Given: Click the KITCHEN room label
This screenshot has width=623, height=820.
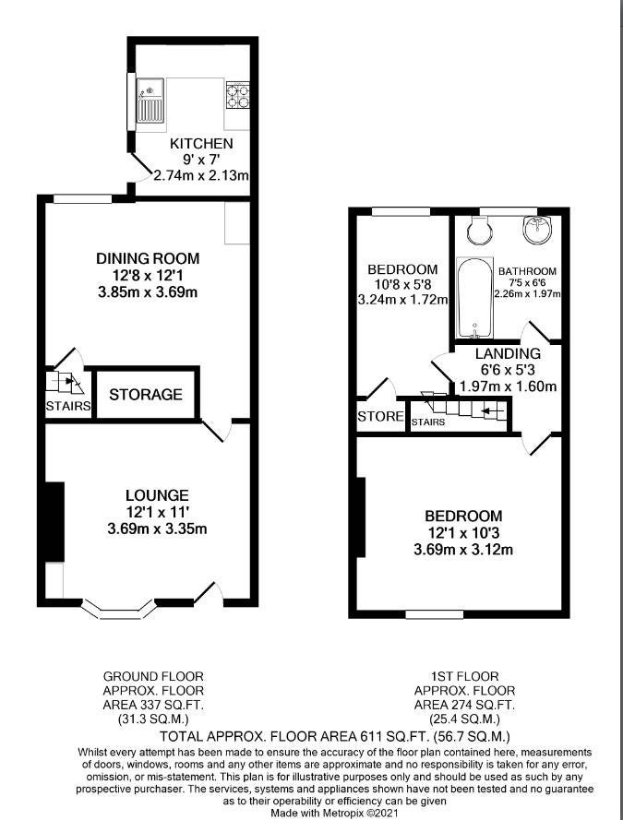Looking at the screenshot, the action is [201, 143].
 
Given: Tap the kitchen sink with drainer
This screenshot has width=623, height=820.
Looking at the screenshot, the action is [150, 101].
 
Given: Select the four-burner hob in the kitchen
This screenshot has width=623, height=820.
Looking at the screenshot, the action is [237, 95].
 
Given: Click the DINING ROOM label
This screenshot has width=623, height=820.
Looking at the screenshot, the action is [148, 258].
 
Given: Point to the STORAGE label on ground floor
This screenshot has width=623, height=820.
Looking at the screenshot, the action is [146, 394].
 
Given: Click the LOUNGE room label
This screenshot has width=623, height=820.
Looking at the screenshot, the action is [157, 495].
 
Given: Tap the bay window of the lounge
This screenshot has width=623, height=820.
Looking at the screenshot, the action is [119, 610].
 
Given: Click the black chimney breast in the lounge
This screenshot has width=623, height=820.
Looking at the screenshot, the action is [54, 522].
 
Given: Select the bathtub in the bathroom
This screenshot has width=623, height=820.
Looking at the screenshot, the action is [473, 298].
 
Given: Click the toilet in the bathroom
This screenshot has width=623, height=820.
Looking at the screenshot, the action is [480, 230].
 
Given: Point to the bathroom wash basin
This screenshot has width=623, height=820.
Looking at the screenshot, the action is [536, 229].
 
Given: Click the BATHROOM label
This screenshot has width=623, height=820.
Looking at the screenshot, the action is [527, 271].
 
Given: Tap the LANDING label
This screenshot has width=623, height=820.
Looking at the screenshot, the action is [508, 354].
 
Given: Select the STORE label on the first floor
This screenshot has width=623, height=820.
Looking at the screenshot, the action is [380, 416].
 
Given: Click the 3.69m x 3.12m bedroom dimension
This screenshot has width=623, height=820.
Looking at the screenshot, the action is [463, 550].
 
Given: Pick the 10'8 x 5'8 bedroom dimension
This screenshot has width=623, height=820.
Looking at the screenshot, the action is [402, 285].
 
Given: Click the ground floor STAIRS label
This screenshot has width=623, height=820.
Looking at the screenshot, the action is [68, 406].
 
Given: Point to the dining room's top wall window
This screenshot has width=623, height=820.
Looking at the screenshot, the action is [83, 198].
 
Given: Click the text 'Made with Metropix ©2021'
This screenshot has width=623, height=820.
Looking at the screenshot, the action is [335, 814].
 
